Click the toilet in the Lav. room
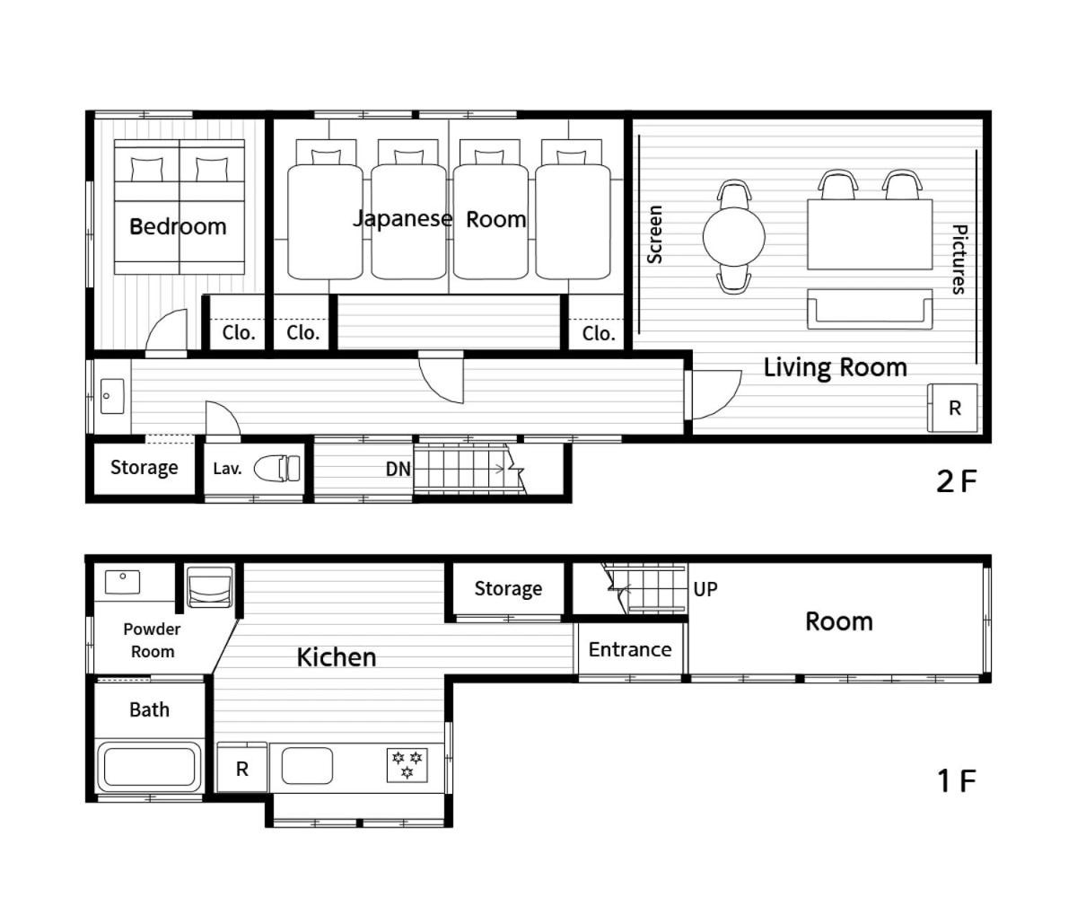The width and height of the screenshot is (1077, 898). coord(277,468)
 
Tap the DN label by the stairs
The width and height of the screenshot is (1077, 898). coord(398,469)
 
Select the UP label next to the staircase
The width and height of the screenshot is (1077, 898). coord(705,589)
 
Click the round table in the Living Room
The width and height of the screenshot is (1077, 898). coord(733,237)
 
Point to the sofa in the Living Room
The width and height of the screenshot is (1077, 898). coord(870,309)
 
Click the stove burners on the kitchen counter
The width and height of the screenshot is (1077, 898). coord(407,764)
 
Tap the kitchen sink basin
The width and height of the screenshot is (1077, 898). coord(307,766)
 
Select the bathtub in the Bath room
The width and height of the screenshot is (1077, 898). coord(149,766)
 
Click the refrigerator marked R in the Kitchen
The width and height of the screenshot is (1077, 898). coord(242,767)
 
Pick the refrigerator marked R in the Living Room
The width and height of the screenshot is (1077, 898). coord(952,408)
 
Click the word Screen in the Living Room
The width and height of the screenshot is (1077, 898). coord(654,234)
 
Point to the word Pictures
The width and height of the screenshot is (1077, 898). coord(959,260)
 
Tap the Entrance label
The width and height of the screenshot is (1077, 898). coord(630,649)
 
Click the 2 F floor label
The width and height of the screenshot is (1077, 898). coord(956,481)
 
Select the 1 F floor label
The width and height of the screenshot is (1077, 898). coord(956,781)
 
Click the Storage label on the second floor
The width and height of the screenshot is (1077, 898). coord(144,468)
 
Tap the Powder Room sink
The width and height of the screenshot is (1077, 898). coord(122,582)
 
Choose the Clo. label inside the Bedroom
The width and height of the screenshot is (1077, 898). coord(239,333)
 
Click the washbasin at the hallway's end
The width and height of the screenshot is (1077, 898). coord(112,396)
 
